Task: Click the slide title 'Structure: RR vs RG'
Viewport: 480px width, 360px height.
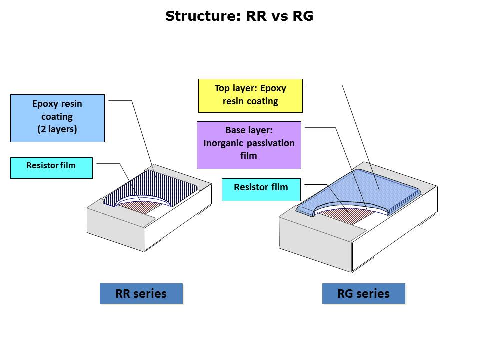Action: [x=239, y=16]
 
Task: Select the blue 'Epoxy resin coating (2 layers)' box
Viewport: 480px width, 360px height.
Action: [x=57, y=118]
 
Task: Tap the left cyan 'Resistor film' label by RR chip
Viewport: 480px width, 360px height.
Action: [x=51, y=165]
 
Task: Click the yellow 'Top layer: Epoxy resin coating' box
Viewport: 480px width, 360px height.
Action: [x=250, y=95]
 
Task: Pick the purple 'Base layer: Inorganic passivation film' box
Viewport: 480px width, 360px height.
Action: [x=249, y=145]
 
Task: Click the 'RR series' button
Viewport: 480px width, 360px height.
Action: [x=141, y=293]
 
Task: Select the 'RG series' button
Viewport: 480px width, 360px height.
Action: [x=363, y=293]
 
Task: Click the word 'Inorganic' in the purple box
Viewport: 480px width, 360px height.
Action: [x=224, y=143]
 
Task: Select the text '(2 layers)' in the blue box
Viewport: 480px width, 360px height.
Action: [x=57, y=129]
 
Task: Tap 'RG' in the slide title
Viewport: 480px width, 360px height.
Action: [x=303, y=16]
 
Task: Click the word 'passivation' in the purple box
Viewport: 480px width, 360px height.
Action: [x=270, y=143]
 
